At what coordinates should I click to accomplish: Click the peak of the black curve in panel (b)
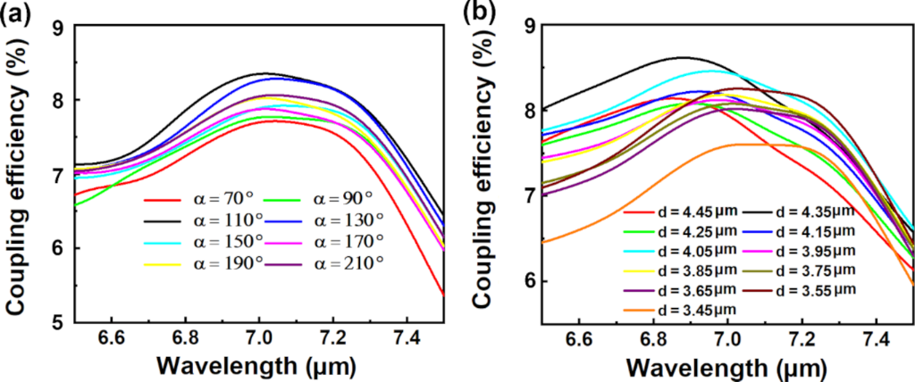[684, 57]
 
